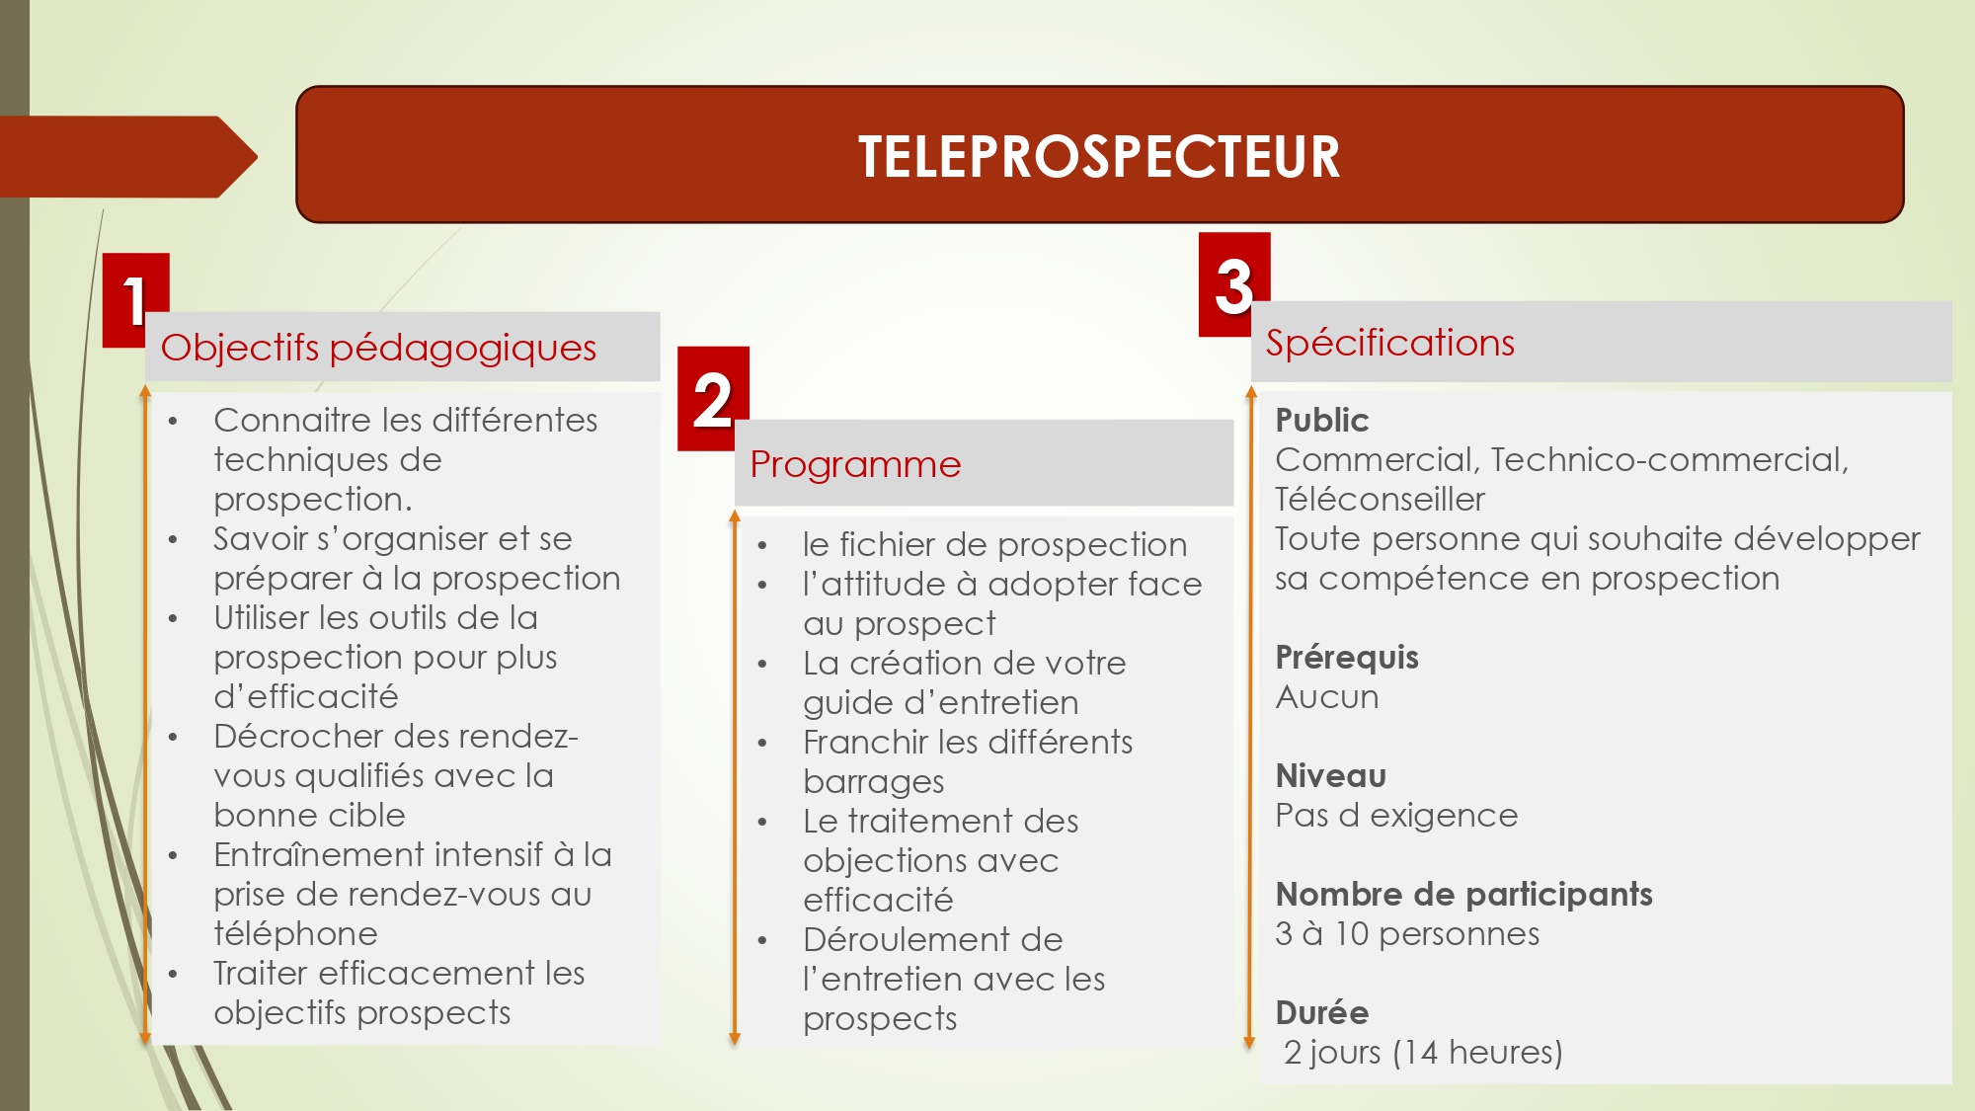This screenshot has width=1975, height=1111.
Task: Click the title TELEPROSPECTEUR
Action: click(x=1099, y=156)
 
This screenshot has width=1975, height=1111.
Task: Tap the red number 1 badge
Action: click(x=135, y=300)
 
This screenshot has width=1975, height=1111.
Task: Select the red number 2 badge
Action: click(x=713, y=399)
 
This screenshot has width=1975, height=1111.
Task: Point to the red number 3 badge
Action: click(x=1234, y=284)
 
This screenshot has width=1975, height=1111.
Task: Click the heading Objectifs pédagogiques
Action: click(x=378, y=348)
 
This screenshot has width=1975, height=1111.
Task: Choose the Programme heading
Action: click(x=855, y=464)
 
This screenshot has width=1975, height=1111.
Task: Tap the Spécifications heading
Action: click(x=1390, y=343)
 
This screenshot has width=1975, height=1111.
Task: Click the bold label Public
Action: click(x=1322, y=421)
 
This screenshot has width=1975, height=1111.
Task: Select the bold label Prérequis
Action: click(x=1347, y=658)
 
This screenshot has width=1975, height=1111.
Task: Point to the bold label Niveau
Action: click(x=1331, y=776)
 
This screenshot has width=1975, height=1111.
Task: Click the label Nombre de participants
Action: click(x=1464, y=895)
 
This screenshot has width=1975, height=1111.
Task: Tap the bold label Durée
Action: click(x=1322, y=1013)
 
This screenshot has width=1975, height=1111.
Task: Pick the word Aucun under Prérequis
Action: click(x=1327, y=697)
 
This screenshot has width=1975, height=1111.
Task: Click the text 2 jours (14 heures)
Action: click(x=1423, y=1053)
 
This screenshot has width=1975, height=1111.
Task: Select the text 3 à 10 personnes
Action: click(x=1407, y=934)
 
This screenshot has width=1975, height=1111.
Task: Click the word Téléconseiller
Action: click(x=1380, y=500)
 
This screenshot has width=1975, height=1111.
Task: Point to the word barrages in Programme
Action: click(x=874, y=782)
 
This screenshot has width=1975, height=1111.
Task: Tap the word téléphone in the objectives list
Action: click(x=295, y=934)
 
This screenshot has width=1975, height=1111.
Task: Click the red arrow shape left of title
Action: click(x=128, y=157)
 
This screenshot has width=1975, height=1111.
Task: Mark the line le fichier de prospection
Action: click(x=995, y=545)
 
